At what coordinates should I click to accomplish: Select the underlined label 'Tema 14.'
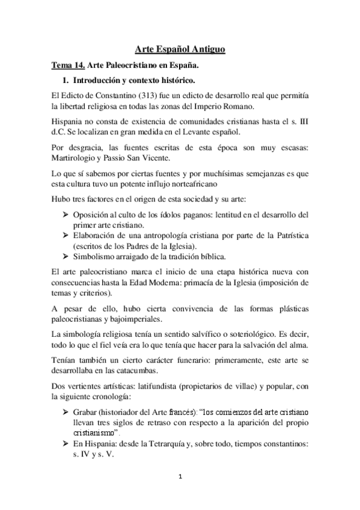[68, 64]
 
